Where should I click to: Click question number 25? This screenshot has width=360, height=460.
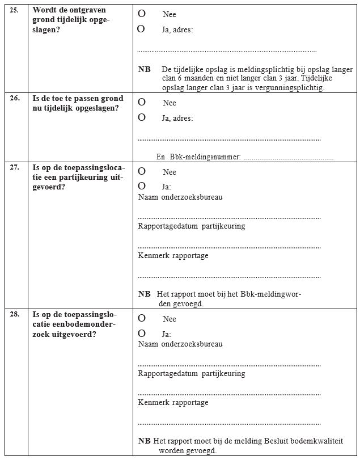coord(15,10)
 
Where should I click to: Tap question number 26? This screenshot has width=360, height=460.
coord(15,98)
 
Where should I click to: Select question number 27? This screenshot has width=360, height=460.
coord(15,167)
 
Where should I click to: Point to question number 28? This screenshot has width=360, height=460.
coord(15,314)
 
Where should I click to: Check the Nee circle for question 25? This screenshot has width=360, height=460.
coord(141,12)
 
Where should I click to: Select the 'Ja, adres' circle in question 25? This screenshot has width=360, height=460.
coord(141,28)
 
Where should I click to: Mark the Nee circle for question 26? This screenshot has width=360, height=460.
coord(141,102)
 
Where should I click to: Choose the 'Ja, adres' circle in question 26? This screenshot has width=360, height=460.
coord(141,117)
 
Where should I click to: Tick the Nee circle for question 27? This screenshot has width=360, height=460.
coord(141,171)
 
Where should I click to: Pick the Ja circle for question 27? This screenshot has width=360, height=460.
coord(141,185)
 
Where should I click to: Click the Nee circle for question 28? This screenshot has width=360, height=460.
coord(141,318)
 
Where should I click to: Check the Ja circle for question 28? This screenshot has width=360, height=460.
coord(141,333)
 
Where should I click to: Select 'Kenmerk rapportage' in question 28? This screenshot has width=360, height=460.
coord(173,403)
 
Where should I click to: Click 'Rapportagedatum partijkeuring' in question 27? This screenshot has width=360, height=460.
coord(192,226)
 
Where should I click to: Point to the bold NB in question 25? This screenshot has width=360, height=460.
coord(145,69)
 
